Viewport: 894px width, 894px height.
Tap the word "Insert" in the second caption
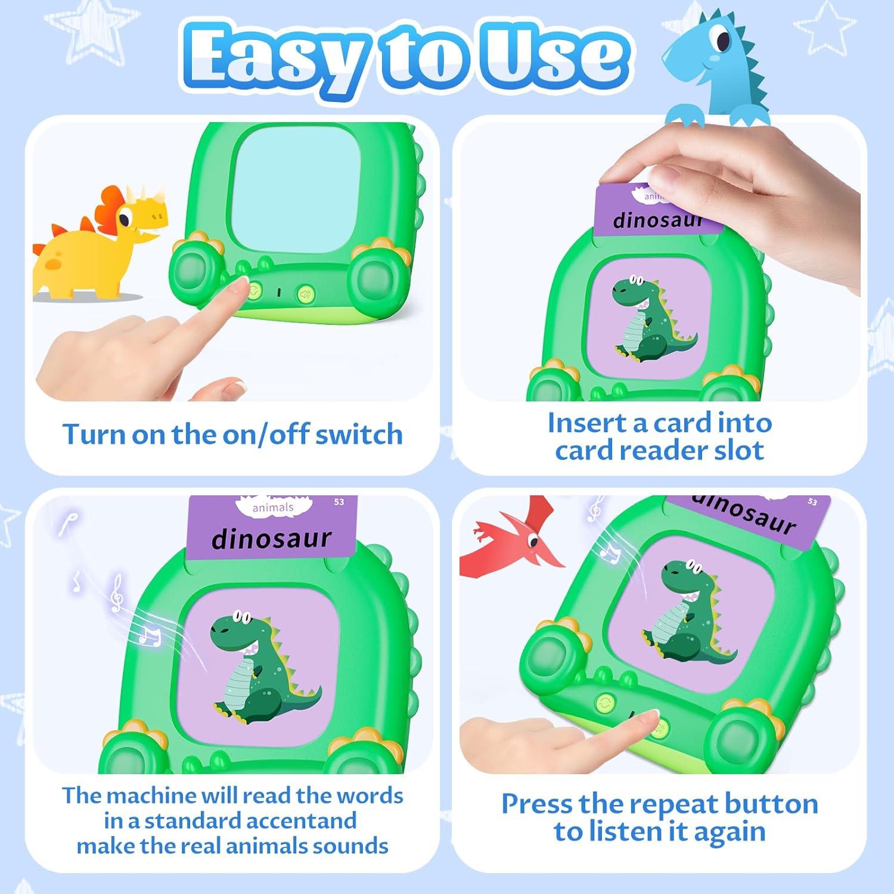point(587,423)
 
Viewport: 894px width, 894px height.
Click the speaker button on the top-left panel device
point(306,293)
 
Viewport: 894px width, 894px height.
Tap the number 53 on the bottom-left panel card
point(339,502)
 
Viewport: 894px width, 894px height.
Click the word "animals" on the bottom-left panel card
point(273,508)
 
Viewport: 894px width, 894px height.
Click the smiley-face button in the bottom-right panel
point(605,702)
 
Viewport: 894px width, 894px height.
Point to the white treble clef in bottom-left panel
point(117,593)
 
